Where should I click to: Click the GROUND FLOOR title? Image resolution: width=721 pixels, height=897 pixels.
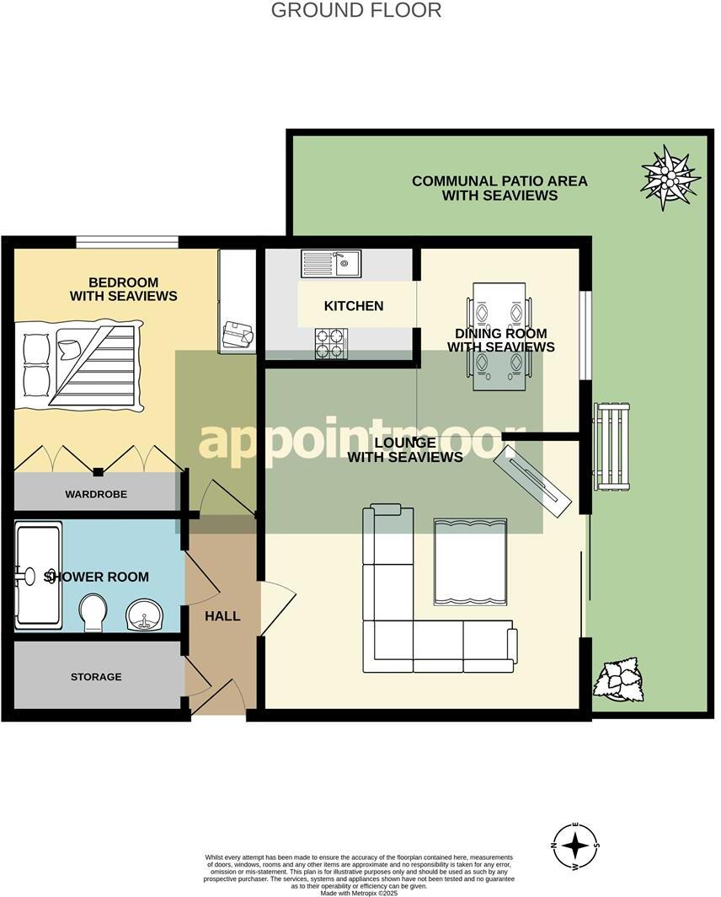pos(356,11)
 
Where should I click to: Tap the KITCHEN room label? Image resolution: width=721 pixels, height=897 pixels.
pos(354,306)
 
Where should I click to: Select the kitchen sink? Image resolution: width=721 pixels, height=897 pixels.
pos(331,264)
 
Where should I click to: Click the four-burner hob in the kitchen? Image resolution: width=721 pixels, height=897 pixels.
pos(331,343)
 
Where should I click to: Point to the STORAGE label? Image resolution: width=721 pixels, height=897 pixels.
pos(96,677)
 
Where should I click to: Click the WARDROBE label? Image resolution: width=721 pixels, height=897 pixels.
pos(96,494)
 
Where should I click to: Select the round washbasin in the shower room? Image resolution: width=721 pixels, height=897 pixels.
pos(143,616)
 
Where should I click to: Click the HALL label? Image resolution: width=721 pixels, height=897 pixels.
pos(222,616)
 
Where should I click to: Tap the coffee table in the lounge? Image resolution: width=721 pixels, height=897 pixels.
pos(470,561)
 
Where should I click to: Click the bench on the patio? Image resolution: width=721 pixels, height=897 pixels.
pos(612,447)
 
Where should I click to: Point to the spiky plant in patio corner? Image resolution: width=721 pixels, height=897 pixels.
pos(670,178)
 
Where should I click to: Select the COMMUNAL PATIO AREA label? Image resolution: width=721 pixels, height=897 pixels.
pos(499,188)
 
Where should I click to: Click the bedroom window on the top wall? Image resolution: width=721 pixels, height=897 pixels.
pos(126,243)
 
